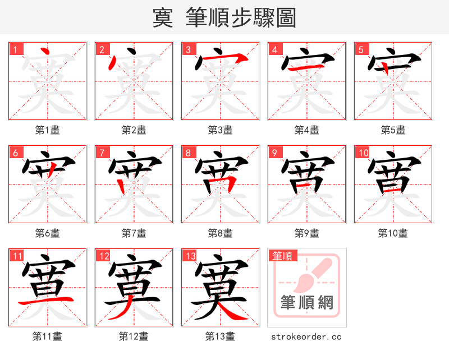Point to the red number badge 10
[x=363, y=153]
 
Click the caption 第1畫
[x=48, y=130]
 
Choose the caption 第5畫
[x=393, y=130]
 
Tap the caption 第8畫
[x=220, y=233]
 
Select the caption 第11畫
[x=48, y=336]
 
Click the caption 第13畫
[x=220, y=336]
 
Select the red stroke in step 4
[x=306, y=68]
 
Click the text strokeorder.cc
[x=306, y=336]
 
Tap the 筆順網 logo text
[x=307, y=303]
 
